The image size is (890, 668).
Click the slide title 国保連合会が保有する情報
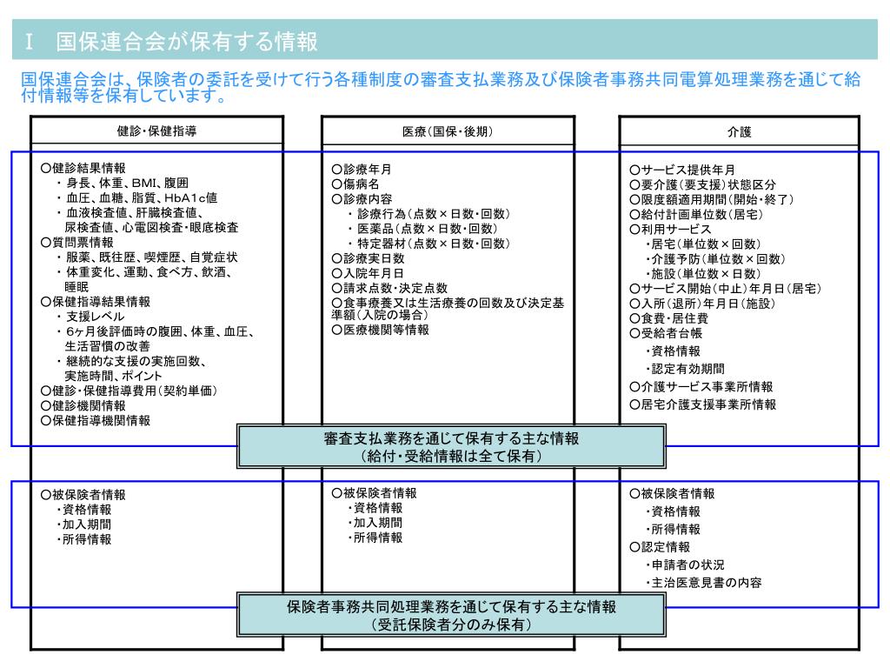(186, 41)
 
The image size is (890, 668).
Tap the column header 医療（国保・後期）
(448, 131)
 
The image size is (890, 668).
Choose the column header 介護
(739, 132)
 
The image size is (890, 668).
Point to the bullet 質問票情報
(83, 242)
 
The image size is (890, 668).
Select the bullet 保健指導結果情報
(95, 302)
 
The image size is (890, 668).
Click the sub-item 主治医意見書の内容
(704, 583)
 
